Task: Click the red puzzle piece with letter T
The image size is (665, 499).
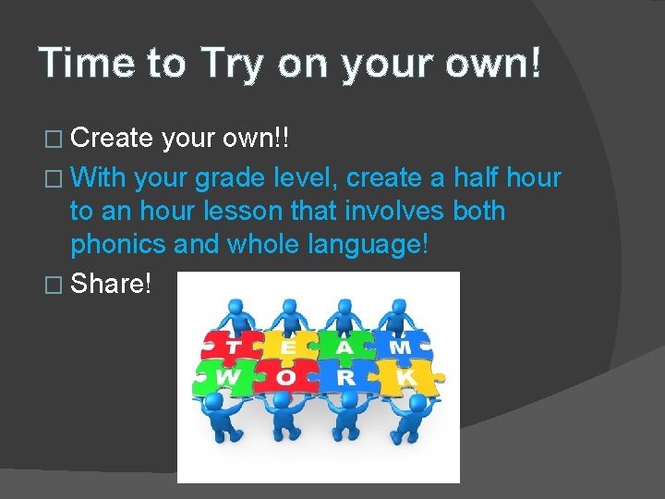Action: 231,347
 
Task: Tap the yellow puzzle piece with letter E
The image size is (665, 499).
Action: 289,347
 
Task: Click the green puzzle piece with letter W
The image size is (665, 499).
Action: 225,377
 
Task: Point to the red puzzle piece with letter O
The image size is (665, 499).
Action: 286,377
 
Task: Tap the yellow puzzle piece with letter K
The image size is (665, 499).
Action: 407,377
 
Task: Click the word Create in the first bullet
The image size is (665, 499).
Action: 112,139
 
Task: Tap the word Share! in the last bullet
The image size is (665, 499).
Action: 110,283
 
